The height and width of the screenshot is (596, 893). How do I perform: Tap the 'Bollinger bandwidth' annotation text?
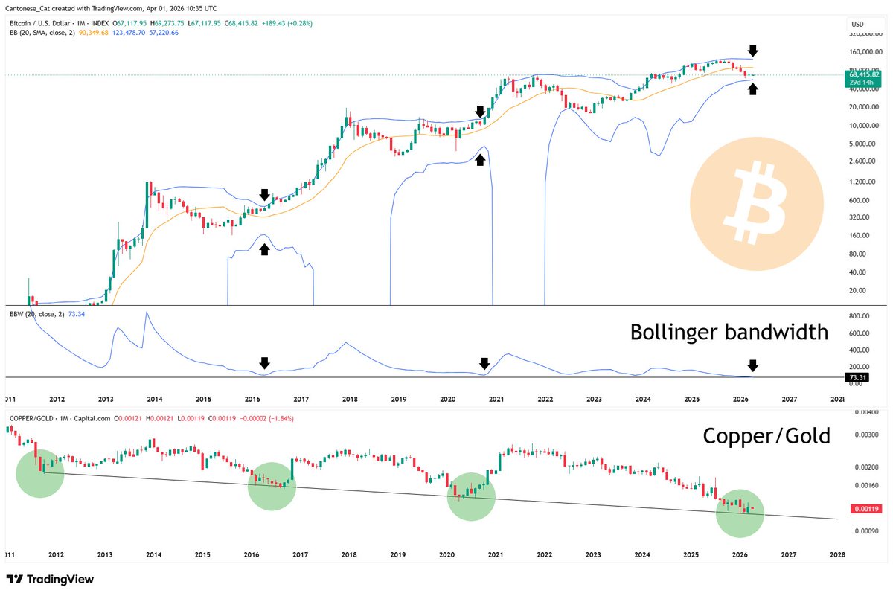(x=729, y=332)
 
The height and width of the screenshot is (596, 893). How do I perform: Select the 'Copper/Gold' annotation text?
(x=766, y=436)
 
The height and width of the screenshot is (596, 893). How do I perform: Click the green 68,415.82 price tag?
(x=863, y=75)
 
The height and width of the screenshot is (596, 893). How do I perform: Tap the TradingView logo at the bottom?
(x=50, y=580)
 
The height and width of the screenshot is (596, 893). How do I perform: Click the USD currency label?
(x=857, y=25)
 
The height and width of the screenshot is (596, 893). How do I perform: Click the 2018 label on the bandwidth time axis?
(x=350, y=399)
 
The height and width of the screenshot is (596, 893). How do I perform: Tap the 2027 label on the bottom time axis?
(x=788, y=555)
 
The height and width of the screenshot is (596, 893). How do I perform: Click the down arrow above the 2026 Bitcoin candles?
(x=753, y=51)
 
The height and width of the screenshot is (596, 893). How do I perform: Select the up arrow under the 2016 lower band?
(x=264, y=249)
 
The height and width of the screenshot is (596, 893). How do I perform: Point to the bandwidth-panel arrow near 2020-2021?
(x=484, y=363)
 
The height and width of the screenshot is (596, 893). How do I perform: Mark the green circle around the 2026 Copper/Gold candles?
(x=740, y=513)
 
